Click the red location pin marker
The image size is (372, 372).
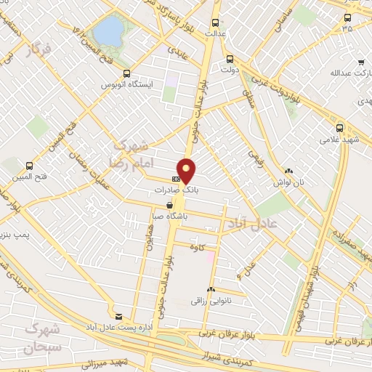(187, 170)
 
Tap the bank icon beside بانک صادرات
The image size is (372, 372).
(176, 178)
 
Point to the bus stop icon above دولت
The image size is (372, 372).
(230, 60)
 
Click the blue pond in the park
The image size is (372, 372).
(110, 31)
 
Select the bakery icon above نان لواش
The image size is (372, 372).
(288, 172)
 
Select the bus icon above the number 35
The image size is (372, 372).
(347, 18)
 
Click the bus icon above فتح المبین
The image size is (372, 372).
(29, 165)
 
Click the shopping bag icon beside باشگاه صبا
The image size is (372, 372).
(170, 206)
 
